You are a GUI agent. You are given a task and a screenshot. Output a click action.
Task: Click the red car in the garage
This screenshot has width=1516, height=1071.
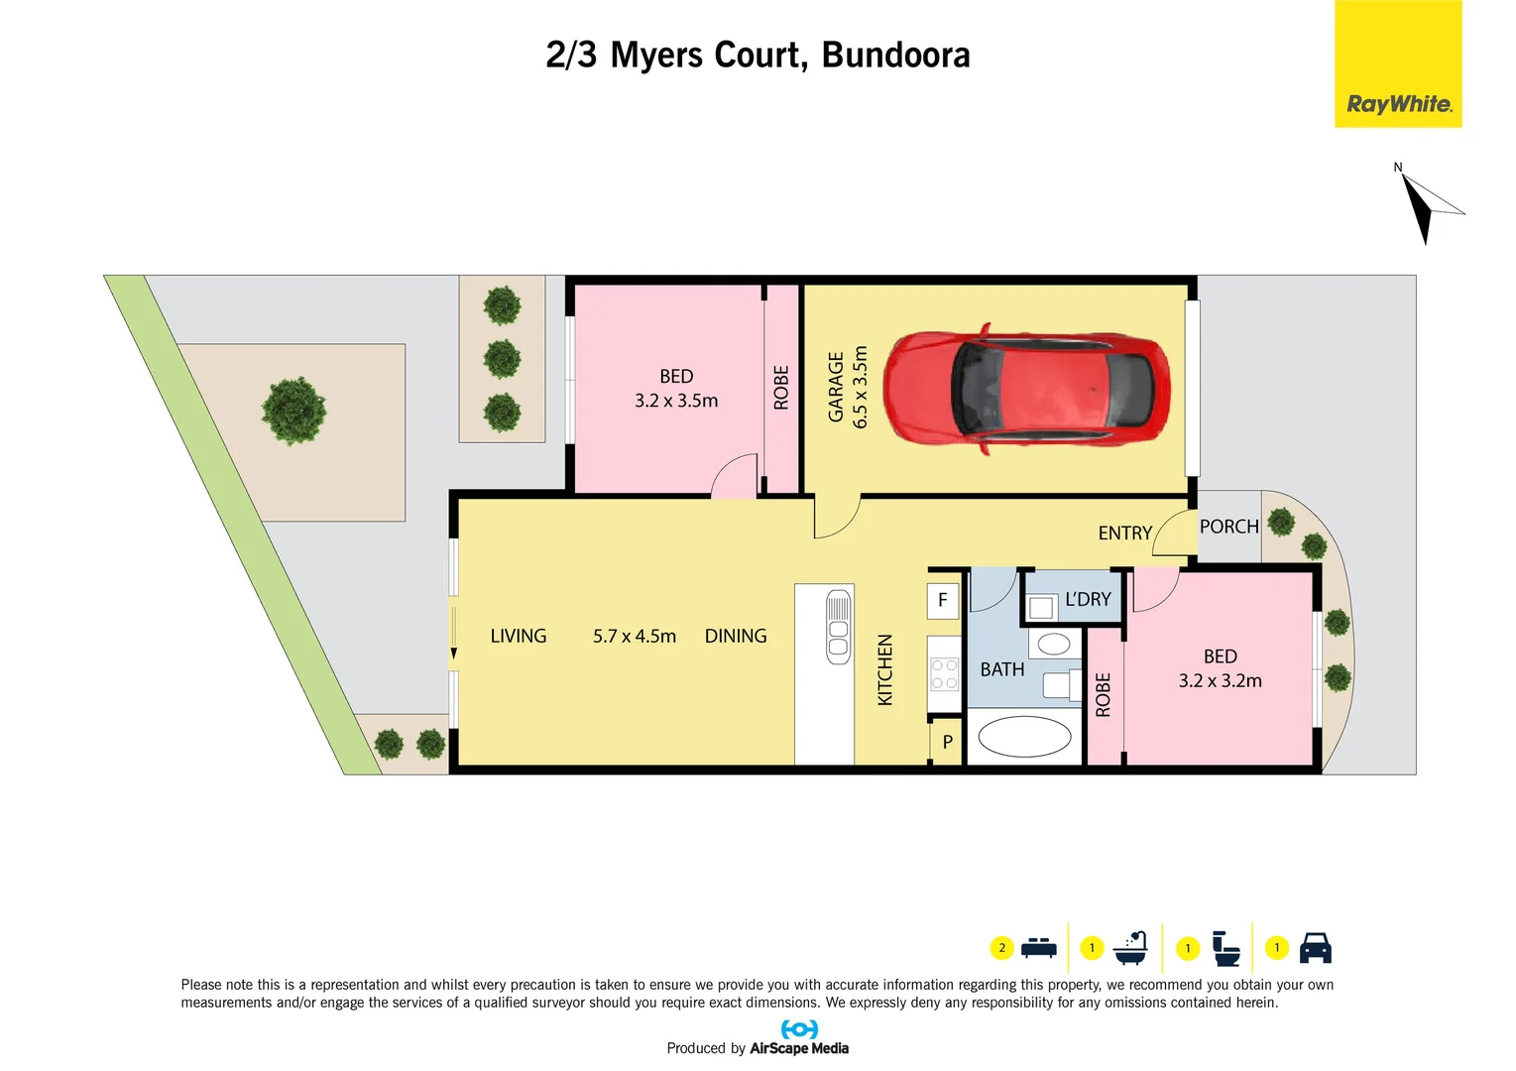(1026, 389)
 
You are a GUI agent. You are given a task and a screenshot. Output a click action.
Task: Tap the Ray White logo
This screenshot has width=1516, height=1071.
(1398, 103)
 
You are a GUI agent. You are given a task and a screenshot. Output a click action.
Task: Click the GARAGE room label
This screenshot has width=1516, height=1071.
(836, 387)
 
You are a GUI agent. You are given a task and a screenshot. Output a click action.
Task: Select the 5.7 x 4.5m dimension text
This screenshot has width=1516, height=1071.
(635, 637)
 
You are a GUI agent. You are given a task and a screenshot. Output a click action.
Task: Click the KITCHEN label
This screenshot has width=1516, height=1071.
(885, 670)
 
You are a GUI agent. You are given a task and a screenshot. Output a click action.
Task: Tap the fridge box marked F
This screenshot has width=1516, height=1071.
(943, 600)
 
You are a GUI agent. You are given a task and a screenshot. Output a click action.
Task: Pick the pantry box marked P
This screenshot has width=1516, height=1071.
(948, 742)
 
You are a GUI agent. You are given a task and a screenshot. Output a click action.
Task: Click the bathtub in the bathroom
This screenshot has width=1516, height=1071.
(1024, 737)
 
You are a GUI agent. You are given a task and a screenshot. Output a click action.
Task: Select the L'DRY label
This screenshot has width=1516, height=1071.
(1088, 600)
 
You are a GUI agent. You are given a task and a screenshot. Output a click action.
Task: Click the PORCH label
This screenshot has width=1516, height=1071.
(1228, 527)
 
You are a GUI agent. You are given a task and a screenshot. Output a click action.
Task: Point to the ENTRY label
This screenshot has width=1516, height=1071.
(1124, 534)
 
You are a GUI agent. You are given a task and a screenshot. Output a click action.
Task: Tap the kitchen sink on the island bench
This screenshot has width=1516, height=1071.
(838, 626)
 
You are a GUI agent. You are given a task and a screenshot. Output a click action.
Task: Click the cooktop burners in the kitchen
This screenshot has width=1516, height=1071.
(944, 674)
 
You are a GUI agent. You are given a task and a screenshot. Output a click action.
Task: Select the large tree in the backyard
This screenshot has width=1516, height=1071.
(293, 410)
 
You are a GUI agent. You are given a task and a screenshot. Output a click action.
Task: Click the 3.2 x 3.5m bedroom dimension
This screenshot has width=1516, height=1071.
(676, 401)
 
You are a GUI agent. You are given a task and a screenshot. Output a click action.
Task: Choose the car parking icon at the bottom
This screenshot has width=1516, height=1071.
(1315, 948)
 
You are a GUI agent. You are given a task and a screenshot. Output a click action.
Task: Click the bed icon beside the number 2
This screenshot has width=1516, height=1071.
(1038, 948)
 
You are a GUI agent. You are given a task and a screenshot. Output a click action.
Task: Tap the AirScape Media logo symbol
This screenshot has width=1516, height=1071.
(799, 1029)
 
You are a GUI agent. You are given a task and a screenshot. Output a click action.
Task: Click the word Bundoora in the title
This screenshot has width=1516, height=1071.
(895, 56)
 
